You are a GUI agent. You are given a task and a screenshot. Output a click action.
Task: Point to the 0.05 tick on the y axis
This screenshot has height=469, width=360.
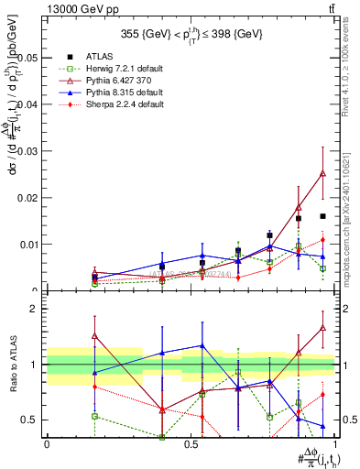pyautogui.click(x=29, y=57)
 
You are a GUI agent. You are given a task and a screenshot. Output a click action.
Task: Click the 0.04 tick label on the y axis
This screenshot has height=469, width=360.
pyautogui.click(x=29, y=104)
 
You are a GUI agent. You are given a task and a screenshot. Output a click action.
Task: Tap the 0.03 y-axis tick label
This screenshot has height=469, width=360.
pyautogui.click(x=29, y=150)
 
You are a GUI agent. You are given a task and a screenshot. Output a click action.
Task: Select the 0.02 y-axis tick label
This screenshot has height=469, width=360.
pyautogui.click(x=29, y=197)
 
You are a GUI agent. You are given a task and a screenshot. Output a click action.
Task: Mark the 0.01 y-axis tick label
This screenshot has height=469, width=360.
pyautogui.click(x=29, y=244)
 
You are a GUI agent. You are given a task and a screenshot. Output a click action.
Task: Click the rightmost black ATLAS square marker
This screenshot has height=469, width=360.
pyautogui.click(x=322, y=216)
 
